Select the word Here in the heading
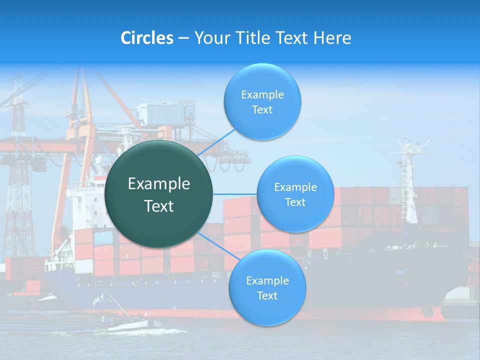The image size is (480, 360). [x=332, y=38]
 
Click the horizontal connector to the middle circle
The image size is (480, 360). [x=234, y=194]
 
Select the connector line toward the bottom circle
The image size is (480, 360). [x=215, y=244]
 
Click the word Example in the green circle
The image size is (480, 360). [x=159, y=184]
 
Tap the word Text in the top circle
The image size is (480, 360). [x=262, y=110]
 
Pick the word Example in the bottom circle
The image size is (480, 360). [x=267, y=280]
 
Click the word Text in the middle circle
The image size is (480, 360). [x=295, y=202]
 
